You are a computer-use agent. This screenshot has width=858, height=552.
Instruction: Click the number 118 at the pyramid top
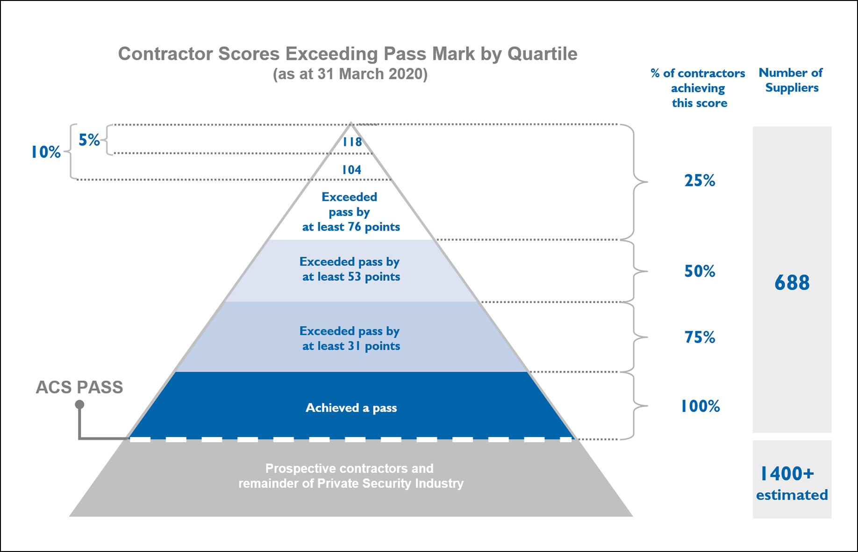click(x=352, y=142)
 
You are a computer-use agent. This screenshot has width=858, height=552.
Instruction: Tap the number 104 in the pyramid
click(x=351, y=170)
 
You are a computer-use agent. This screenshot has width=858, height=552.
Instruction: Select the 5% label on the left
click(x=89, y=140)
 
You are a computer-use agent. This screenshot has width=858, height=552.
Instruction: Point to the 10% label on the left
click(x=46, y=152)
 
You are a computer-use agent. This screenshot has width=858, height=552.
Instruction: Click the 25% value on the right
click(x=700, y=180)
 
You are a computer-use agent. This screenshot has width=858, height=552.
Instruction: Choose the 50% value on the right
click(x=700, y=271)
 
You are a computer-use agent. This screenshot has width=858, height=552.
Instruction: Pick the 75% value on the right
click(x=700, y=337)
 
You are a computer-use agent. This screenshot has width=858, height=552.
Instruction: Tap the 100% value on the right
click(x=700, y=406)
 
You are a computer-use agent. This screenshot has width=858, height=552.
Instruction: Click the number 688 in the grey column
click(x=792, y=282)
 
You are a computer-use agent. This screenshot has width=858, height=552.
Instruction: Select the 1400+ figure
click(x=787, y=473)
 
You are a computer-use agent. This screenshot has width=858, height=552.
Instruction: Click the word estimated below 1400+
click(x=792, y=495)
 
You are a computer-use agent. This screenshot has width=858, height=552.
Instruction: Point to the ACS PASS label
click(x=79, y=387)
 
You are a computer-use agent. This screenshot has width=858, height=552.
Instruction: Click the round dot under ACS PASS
click(x=80, y=404)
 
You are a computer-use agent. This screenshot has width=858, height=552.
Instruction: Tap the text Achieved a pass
click(x=351, y=408)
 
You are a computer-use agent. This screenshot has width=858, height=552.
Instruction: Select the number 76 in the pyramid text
click(x=354, y=227)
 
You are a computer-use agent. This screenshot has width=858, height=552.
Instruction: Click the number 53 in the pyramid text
click(x=354, y=277)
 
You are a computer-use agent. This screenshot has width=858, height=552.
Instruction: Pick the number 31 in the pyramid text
click(x=354, y=346)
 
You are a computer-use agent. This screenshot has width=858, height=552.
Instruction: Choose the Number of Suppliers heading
click(x=791, y=80)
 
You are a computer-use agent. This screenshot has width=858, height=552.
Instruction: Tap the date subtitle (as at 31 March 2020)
click(x=350, y=74)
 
